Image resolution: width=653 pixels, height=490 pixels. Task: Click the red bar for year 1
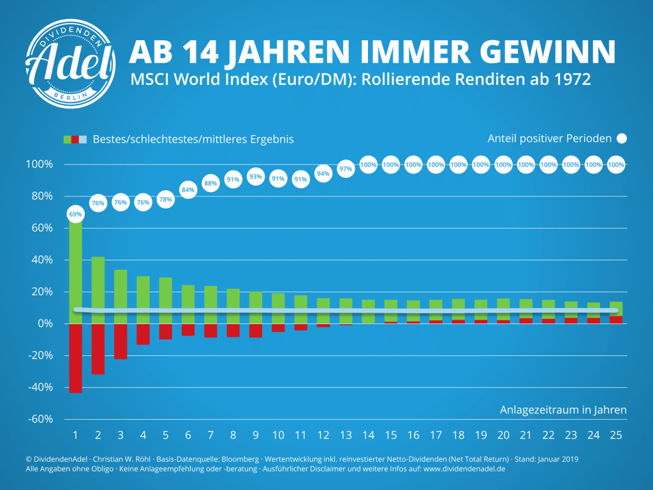click(x=75, y=358)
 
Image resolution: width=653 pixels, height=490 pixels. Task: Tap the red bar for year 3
click(x=121, y=341)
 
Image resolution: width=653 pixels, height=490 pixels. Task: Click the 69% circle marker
click(x=75, y=214)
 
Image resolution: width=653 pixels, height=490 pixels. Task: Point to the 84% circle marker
click(x=188, y=189)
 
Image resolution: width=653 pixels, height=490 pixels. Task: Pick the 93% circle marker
click(x=256, y=176)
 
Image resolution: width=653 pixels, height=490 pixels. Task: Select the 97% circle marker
click(x=346, y=169)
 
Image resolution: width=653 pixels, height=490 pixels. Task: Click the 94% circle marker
click(x=323, y=174)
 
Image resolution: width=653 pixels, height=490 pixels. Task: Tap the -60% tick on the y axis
click(x=40, y=419)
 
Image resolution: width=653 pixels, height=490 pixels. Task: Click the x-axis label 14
click(x=368, y=435)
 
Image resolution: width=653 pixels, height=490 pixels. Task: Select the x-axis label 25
click(x=616, y=435)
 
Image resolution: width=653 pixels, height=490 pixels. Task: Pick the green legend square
click(x=66, y=139)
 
